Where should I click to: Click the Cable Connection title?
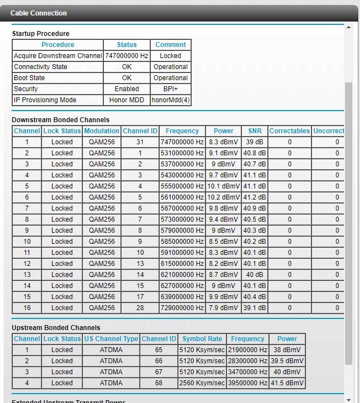[x=39, y=13]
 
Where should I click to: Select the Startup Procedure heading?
[x=40, y=34]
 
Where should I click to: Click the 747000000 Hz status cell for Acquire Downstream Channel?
[x=126, y=56]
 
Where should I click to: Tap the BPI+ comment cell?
[x=171, y=89]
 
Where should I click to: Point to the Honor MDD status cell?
[x=126, y=100]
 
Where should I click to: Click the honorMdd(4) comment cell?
[x=171, y=100]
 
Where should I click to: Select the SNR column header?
[x=255, y=131]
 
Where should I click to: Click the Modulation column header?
[x=102, y=131]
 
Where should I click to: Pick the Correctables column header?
[x=289, y=131]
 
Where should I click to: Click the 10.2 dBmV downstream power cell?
[x=224, y=197]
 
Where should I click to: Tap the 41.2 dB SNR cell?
[x=255, y=197]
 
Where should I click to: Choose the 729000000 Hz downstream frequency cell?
[x=182, y=308]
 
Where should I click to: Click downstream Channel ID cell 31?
[x=140, y=142]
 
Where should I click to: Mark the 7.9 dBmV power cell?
[x=224, y=308]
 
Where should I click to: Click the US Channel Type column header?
[x=111, y=339]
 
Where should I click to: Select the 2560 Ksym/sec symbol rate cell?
[x=202, y=383]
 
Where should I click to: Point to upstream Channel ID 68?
[x=158, y=383]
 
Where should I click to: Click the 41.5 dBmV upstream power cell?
[x=287, y=383]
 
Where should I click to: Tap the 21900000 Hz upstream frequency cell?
[x=247, y=350]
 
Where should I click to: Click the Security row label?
[x=26, y=89]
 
